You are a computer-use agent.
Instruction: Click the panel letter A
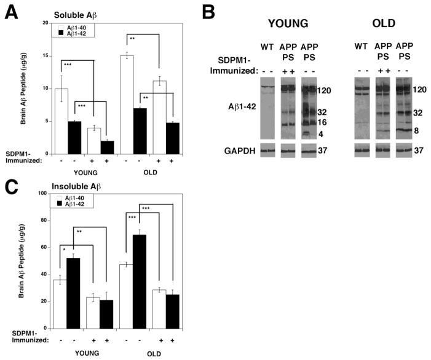(x=12, y=11)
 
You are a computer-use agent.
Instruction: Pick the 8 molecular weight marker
(x=424, y=130)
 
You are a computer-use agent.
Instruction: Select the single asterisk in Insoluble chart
(x=65, y=249)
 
